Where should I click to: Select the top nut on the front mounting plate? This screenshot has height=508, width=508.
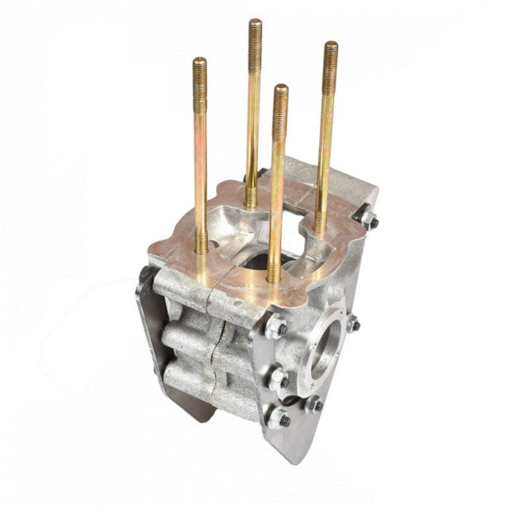pos(276,328)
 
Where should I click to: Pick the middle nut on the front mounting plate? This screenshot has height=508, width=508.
pos(278,379)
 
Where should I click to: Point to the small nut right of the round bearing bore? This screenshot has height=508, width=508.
pos(352,324)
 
